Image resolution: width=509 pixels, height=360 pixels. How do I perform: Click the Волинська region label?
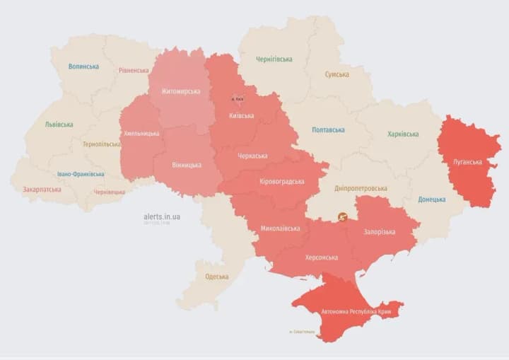click(x=83, y=66)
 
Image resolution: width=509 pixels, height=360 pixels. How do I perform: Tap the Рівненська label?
click(x=134, y=71)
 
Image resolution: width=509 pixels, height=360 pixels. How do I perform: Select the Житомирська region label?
click(x=180, y=91)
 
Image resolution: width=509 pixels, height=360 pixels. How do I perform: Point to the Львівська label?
click(x=59, y=124)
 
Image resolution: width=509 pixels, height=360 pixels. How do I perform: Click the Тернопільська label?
click(x=101, y=144)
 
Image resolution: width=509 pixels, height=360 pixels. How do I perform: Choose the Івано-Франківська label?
click(x=81, y=174)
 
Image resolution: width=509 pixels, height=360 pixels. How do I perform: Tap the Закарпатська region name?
click(x=42, y=190)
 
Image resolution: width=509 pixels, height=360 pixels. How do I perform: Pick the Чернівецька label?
click(x=110, y=192)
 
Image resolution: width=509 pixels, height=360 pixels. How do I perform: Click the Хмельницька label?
click(x=141, y=133)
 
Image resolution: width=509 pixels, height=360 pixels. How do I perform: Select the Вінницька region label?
click(x=187, y=165)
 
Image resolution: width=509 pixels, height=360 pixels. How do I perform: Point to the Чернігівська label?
click(x=274, y=59)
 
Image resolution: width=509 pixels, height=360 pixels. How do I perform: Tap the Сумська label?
click(x=337, y=74)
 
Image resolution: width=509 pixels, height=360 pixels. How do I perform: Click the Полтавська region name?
click(x=328, y=130)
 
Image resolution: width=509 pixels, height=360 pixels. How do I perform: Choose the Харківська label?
click(x=403, y=134)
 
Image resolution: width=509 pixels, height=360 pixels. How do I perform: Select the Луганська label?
click(x=469, y=162)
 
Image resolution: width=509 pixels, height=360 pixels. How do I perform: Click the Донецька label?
click(x=432, y=200)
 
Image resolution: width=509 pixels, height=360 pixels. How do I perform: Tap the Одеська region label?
click(x=216, y=277)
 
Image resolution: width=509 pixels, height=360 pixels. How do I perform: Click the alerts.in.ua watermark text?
click(x=161, y=216)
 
